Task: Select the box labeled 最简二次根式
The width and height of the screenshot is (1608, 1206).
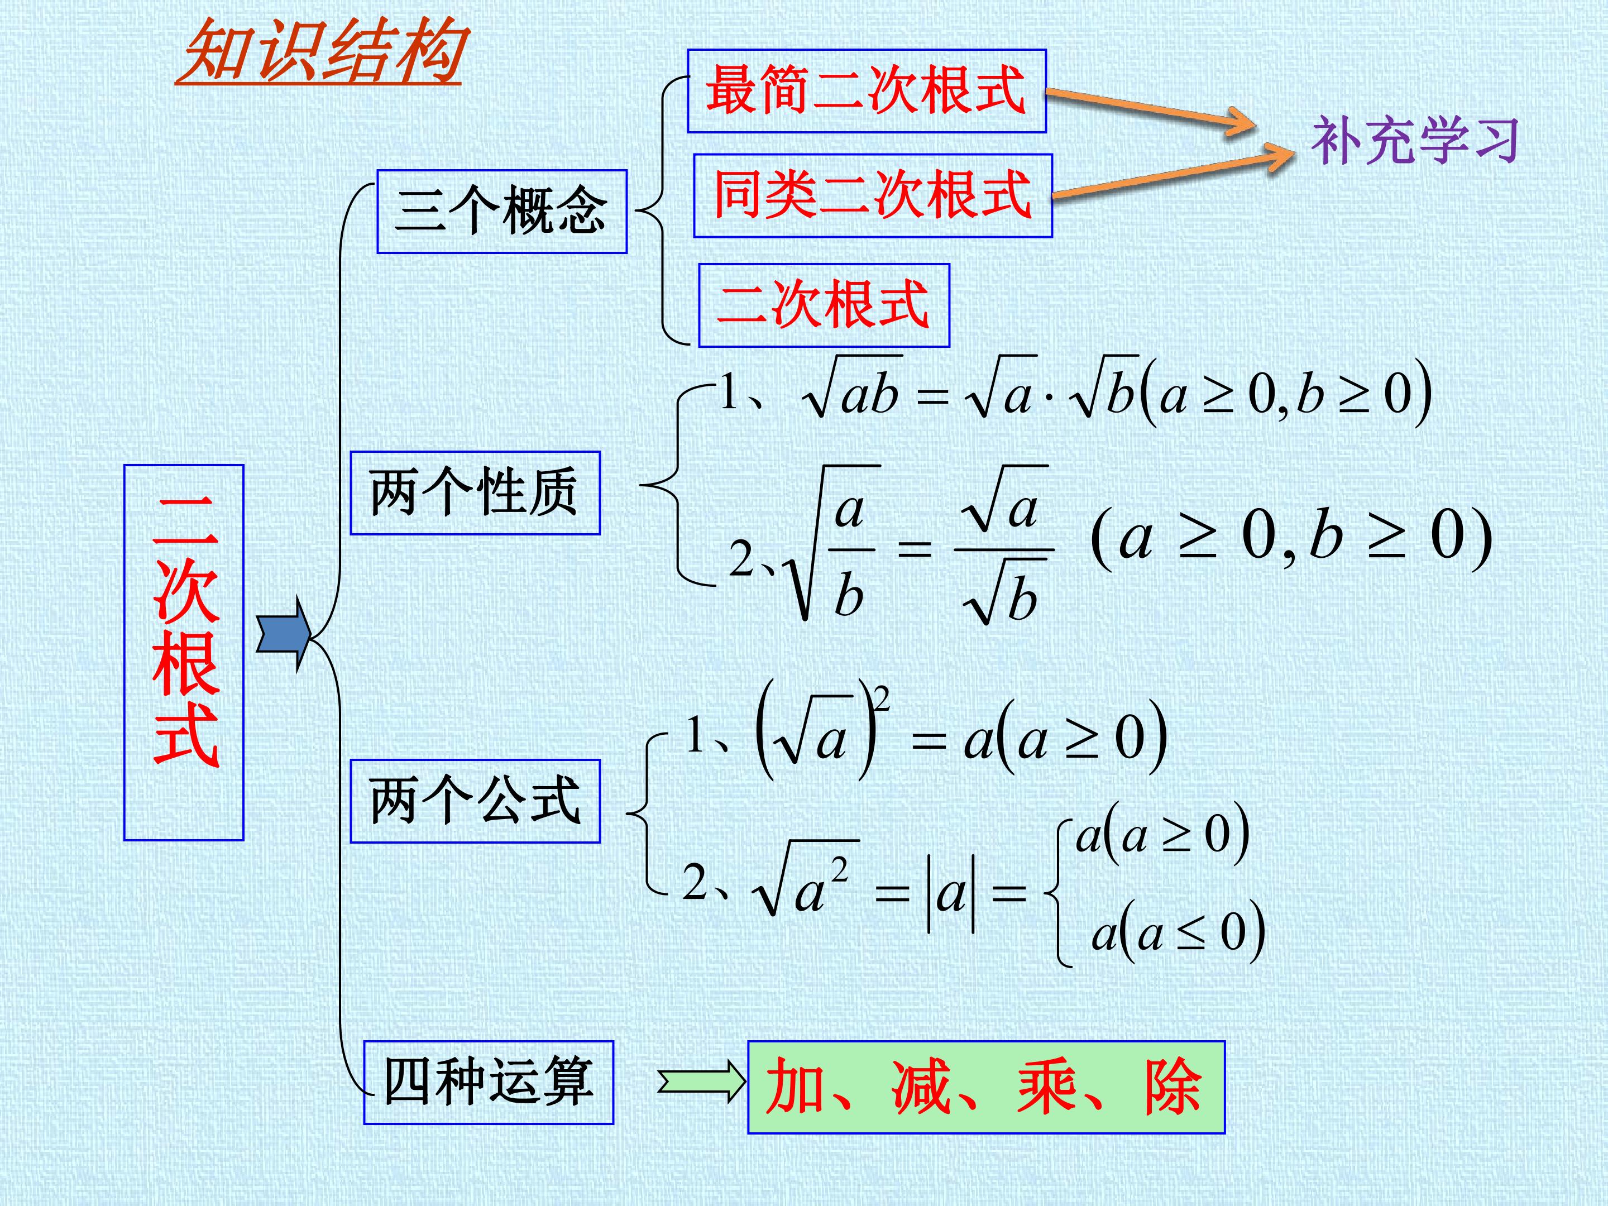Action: (867, 91)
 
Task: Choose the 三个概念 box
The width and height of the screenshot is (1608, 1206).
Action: (501, 212)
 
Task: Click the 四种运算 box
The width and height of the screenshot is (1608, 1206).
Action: (489, 1083)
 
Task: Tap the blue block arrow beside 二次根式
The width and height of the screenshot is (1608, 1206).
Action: (284, 634)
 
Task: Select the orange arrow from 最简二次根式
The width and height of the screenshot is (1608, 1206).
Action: (1151, 108)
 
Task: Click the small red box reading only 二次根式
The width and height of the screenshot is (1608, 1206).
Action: (824, 305)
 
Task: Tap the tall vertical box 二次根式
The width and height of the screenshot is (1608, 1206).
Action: (184, 653)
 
